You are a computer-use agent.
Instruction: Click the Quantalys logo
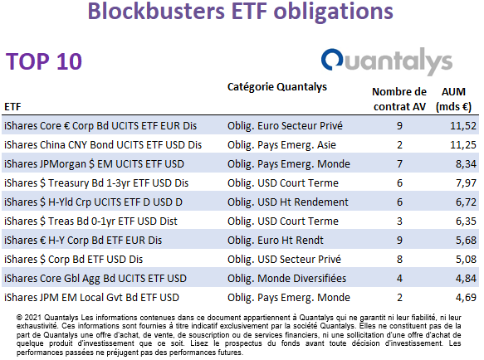[x=387, y=61]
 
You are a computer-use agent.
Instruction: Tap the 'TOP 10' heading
[x=44, y=61]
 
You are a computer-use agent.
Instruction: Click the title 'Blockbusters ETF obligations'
[x=241, y=12]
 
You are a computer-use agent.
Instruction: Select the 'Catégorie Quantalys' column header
[x=277, y=87]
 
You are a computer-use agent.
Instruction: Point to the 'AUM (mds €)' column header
[x=453, y=99]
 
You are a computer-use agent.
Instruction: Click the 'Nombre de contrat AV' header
[x=399, y=99]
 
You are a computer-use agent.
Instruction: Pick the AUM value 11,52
[x=463, y=126]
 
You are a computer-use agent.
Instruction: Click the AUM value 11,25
[x=463, y=145]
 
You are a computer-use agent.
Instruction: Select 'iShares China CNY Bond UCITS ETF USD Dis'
[x=103, y=145]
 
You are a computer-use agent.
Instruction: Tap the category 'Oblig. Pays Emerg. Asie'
[x=281, y=145]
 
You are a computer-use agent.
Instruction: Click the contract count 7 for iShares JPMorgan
[x=399, y=164]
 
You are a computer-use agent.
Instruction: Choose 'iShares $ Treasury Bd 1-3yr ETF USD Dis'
[x=96, y=183]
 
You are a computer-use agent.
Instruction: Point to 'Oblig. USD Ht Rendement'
[x=288, y=202]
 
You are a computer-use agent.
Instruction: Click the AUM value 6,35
[x=466, y=221]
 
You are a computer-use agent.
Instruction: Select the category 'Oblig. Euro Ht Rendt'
[x=276, y=241]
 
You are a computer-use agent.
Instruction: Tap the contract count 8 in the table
[x=399, y=260]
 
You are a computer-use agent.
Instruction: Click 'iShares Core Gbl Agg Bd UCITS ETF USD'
[x=95, y=279]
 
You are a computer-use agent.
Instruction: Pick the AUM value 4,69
[x=466, y=298]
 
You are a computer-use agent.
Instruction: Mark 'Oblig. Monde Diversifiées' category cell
[x=286, y=279]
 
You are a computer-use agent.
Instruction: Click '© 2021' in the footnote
[x=29, y=318]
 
